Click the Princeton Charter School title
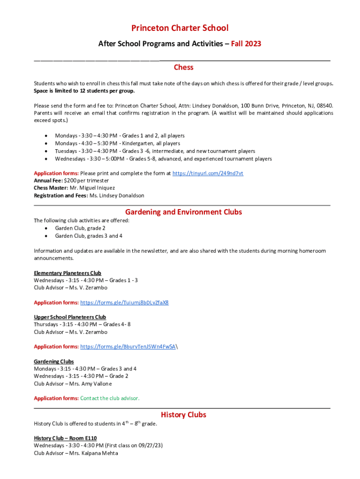click(180, 29)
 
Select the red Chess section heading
click(183, 67)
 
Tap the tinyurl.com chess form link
click(208, 173)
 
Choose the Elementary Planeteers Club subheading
click(67, 273)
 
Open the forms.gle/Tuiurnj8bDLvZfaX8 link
click(124, 303)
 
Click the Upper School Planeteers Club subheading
click(70, 317)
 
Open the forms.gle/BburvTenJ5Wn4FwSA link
click(128, 347)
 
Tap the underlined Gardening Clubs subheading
click(53, 362)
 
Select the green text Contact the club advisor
click(110, 399)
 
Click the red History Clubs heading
click(183, 415)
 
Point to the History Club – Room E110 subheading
click(65, 438)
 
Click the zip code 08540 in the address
click(324, 106)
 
